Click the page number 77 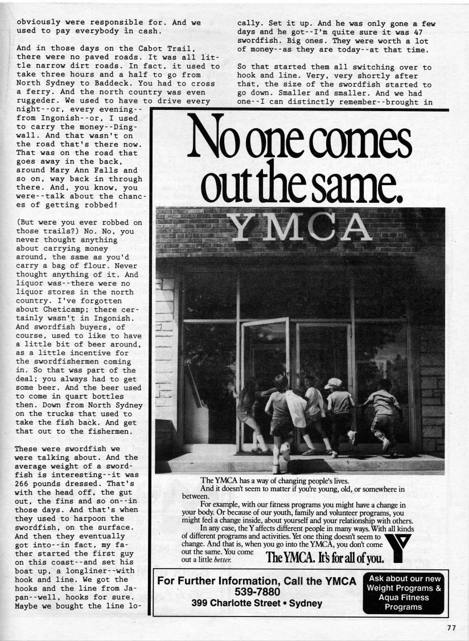coord(451,628)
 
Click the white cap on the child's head coord(334,383)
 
